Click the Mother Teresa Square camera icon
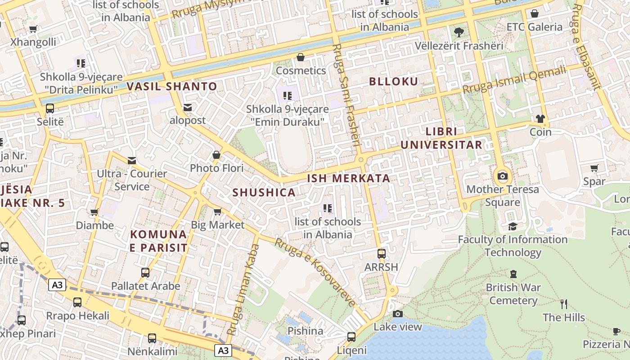(503, 176)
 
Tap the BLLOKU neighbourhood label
(394, 81)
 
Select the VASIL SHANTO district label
(172, 86)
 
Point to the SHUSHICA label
(264, 193)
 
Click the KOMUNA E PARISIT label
(158, 241)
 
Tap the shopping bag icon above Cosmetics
(301, 57)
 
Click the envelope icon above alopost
(188, 108)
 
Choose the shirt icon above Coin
(540, 119)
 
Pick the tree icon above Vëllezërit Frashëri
(459, 32)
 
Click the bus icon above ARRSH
(382, 254)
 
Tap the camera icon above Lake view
(398, 314)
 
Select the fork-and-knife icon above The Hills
(564, 304)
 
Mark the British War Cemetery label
(513, 294)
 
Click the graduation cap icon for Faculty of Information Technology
(513, 226)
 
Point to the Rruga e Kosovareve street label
(315, 272)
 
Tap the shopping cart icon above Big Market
(217, 211)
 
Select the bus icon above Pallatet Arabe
(145, 273)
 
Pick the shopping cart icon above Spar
(594, 168)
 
